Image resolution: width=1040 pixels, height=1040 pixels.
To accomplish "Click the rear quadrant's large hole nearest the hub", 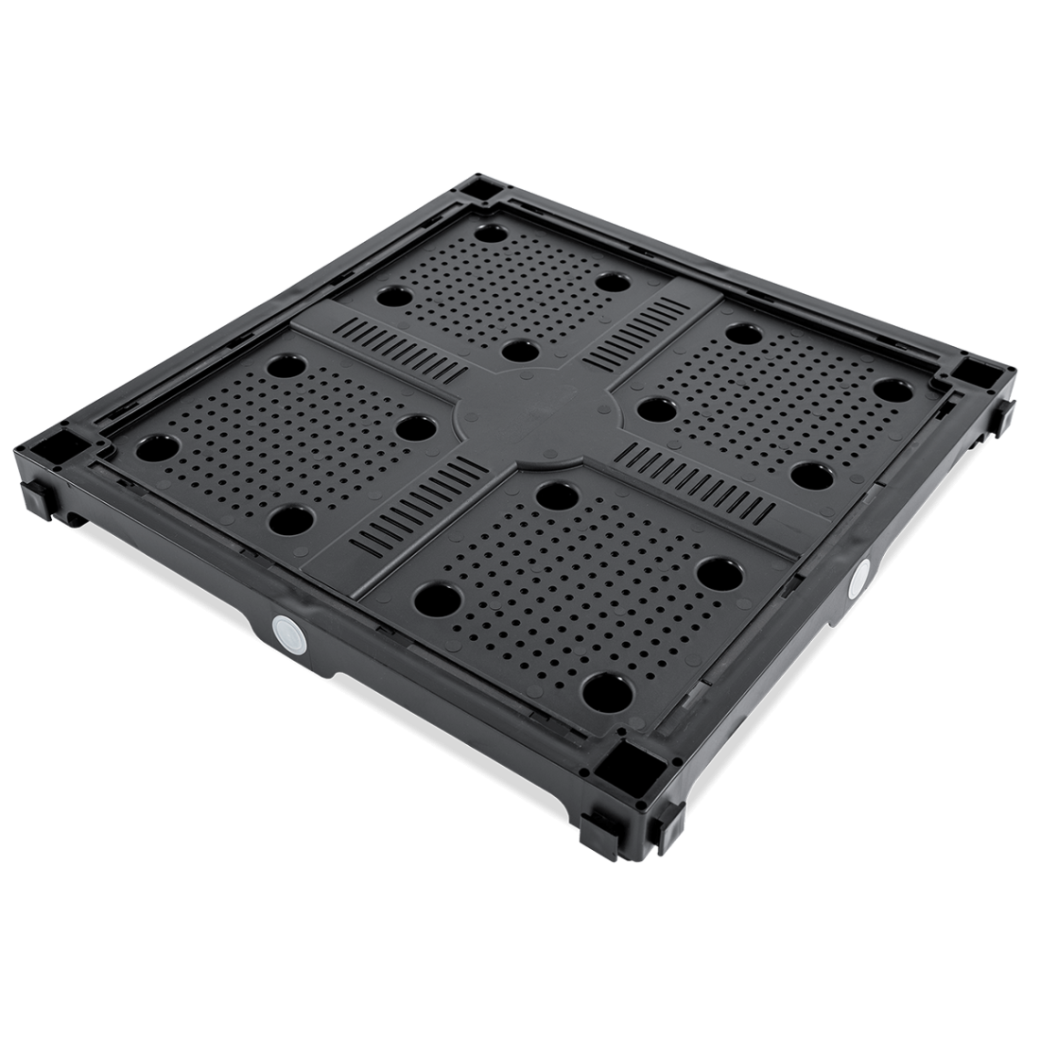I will click(x=515, y=351).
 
